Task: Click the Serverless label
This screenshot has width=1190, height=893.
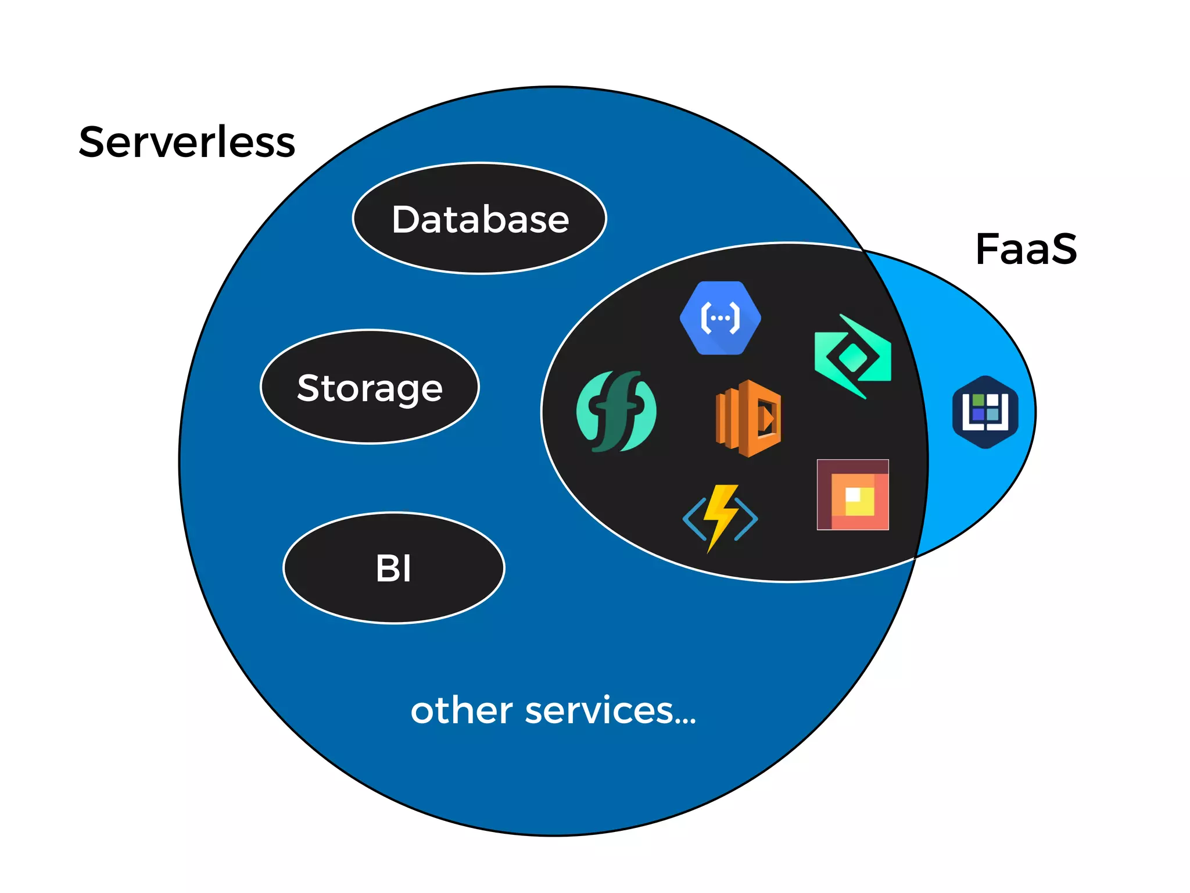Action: (x=187, y=142)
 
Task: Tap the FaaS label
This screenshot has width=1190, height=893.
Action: (x=1026, y=249)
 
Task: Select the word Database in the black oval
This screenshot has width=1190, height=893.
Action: (x=480, y=220)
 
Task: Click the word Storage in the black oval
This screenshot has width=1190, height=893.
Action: (x=370, y=388)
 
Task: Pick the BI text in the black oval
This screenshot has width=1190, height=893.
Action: (x=393, y=569)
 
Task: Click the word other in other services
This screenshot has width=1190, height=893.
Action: (x=461, y=710)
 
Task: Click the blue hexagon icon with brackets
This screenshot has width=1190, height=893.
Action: (x=720, y=318)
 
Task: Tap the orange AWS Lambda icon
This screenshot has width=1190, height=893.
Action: (x=748, y=418)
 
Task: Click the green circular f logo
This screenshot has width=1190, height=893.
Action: (x=616, y=411)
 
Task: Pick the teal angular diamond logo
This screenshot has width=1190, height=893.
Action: (x=852, y=356)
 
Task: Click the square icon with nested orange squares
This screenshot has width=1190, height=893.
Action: (x=852, y=495)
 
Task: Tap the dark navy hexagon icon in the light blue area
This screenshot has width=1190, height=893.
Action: (x=985, y=412)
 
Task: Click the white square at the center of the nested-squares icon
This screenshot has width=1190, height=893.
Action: (x=852, y=494)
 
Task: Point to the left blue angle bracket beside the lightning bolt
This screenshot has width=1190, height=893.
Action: (x=694, y=519)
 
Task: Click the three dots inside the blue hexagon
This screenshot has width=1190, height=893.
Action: (x=720, y=318)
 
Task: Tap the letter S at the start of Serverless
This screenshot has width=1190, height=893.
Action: (x=95, y=142)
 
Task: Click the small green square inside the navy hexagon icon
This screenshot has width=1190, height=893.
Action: (x=978, y=400)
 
